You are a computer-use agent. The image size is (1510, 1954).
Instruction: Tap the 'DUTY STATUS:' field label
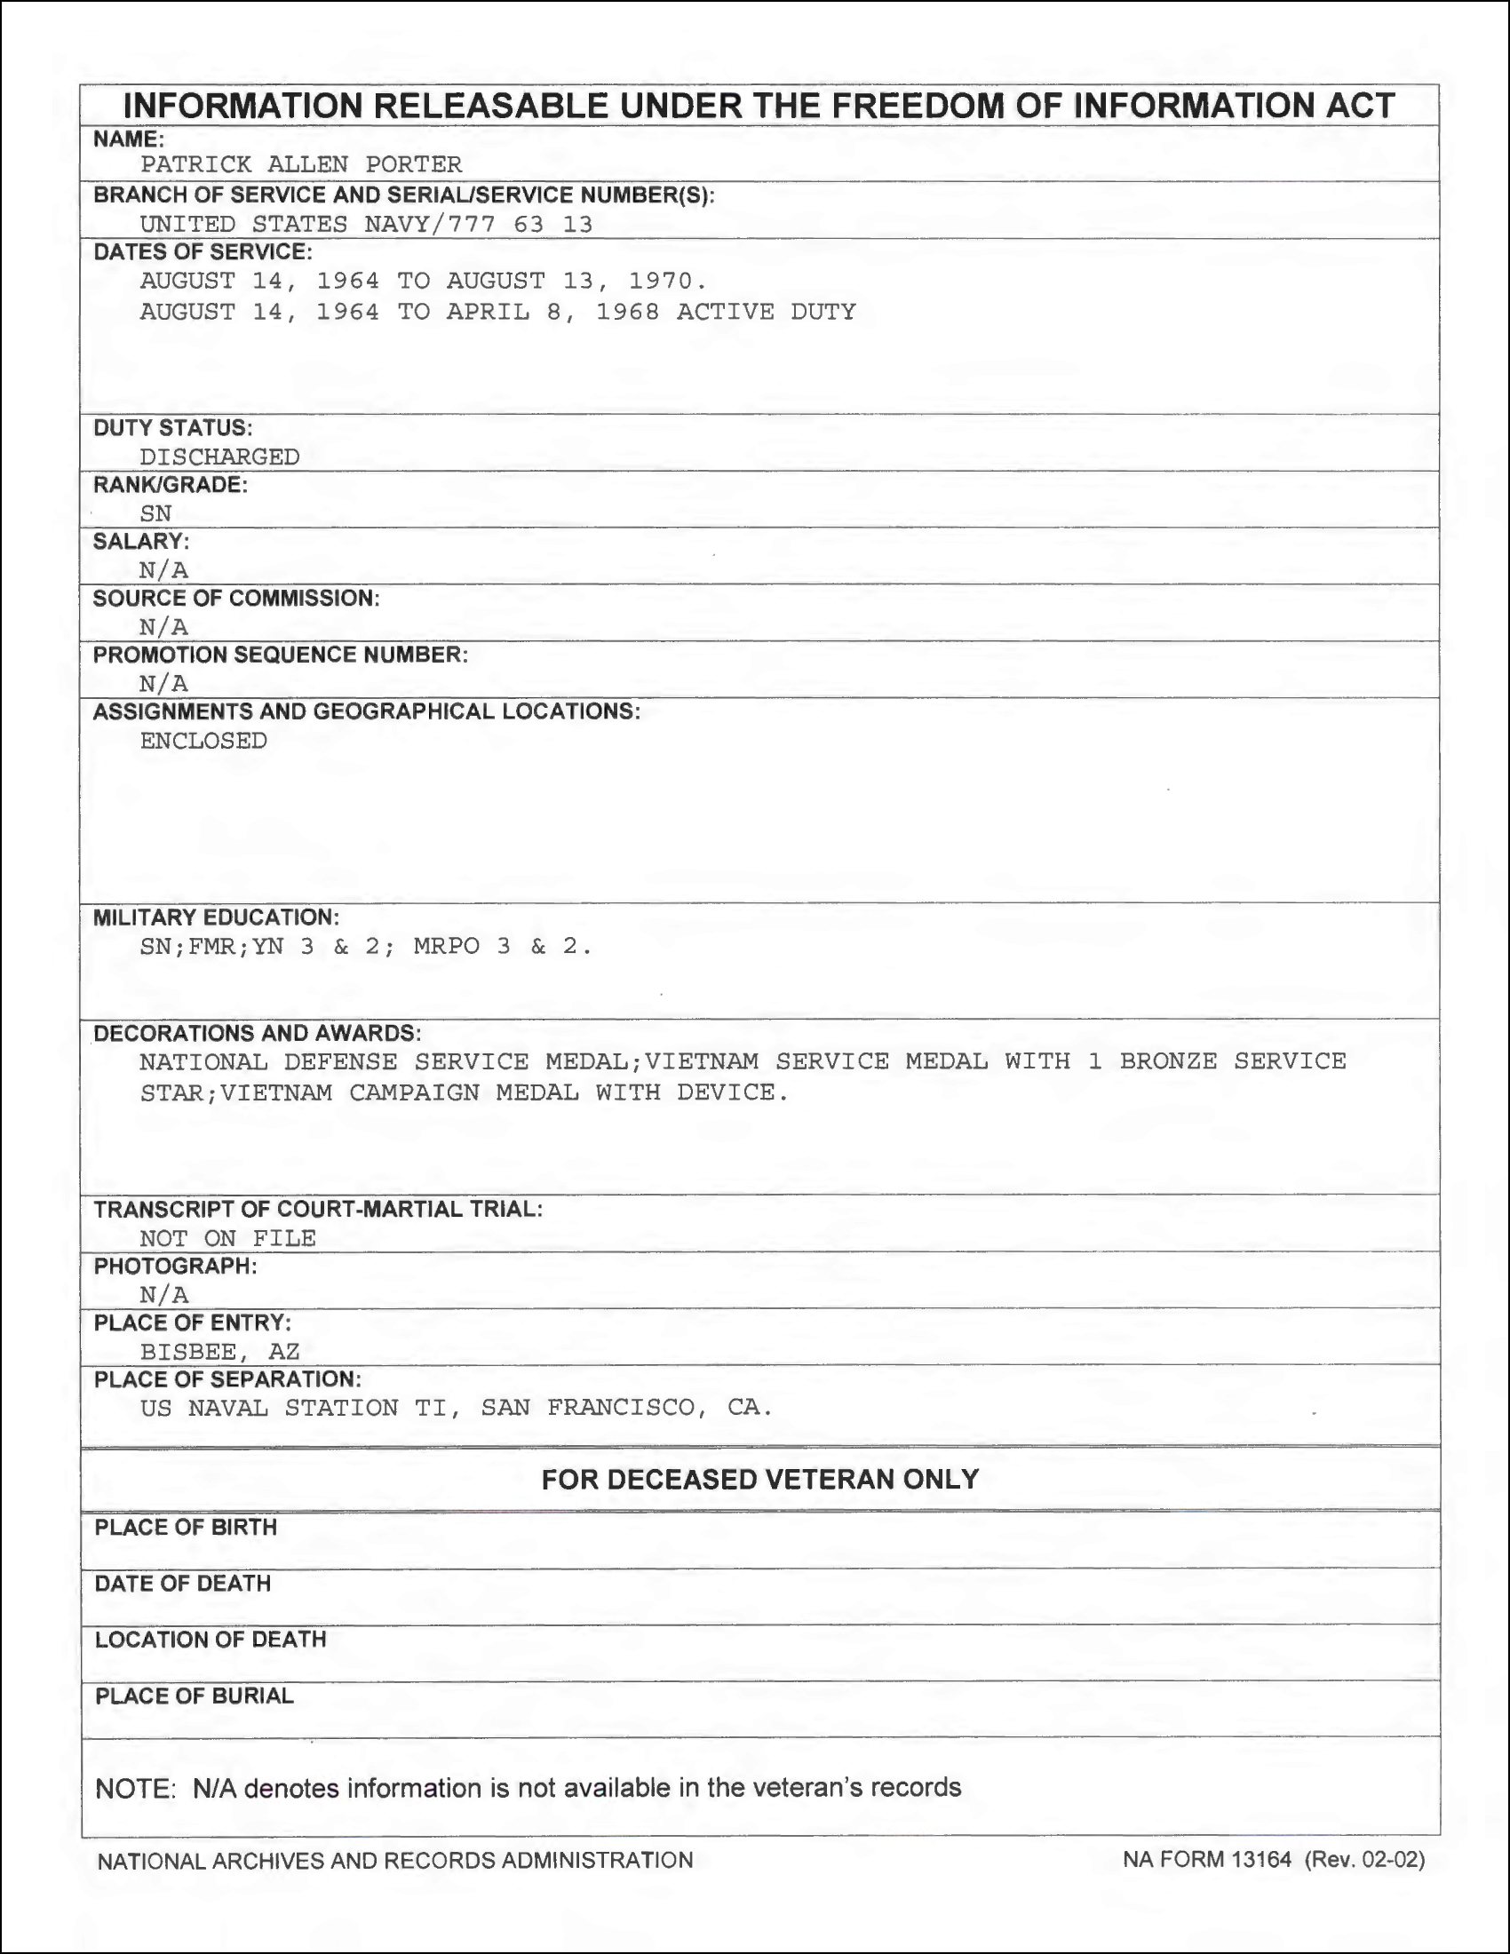pos(172,428)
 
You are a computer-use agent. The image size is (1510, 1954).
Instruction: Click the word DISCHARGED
pos(219,457)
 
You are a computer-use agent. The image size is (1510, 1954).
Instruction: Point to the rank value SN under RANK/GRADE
pos(155,512)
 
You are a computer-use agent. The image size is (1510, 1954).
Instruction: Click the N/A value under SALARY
pos(163,570)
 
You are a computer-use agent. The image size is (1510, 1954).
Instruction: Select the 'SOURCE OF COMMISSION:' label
pos(236,598)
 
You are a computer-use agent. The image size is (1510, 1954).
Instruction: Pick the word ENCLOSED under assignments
pos(203,741)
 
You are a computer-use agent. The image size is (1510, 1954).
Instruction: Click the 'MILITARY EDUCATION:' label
pos(216,917)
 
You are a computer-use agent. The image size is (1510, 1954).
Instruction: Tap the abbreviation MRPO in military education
pos(447,947)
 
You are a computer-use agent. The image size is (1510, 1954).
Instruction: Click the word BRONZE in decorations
pos(1168,1061)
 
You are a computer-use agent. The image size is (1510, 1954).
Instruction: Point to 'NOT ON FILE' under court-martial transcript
pos(227,1238)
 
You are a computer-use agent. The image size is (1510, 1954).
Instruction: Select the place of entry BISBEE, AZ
pos(219,1351)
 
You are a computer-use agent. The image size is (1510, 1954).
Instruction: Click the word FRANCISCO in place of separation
pos(624,1408)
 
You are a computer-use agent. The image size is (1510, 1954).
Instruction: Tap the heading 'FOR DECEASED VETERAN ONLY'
pos(759,1479)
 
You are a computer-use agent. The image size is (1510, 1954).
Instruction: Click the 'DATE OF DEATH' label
pos(182,1584)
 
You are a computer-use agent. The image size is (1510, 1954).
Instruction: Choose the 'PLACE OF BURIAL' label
pos(195,1696)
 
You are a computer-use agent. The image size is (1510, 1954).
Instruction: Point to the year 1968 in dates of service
pos(628,312)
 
